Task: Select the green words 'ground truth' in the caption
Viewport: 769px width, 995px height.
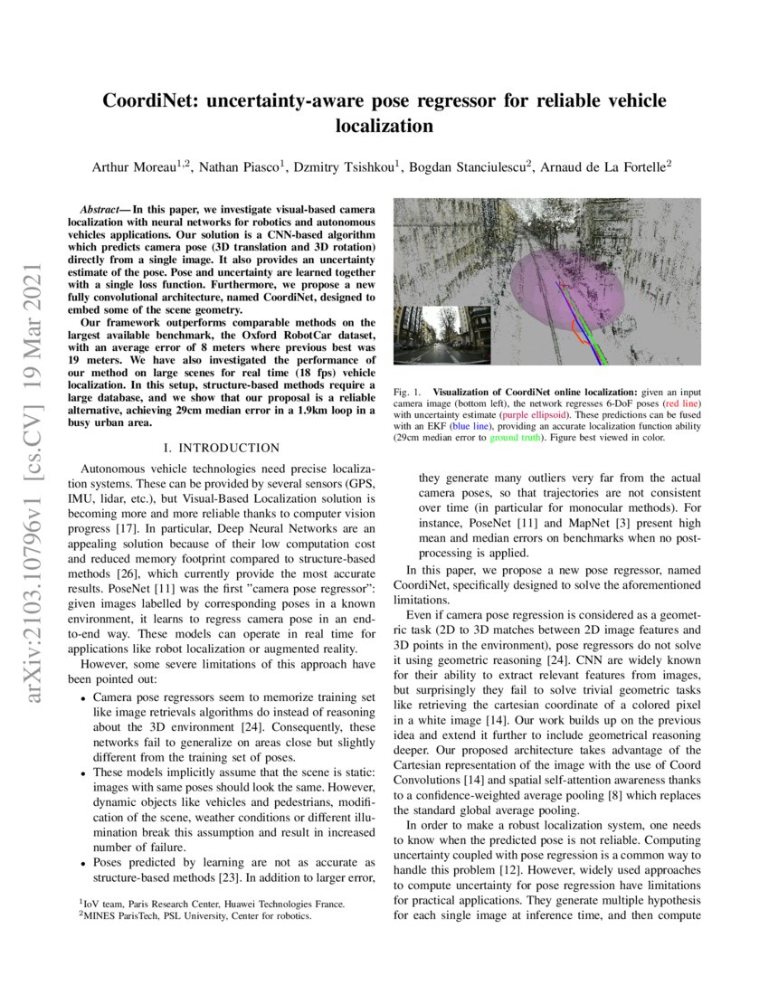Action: pos(517,438)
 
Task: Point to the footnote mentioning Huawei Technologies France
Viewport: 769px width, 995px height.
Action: pos(212,903)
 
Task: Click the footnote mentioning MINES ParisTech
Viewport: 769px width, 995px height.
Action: pos(195,915)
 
